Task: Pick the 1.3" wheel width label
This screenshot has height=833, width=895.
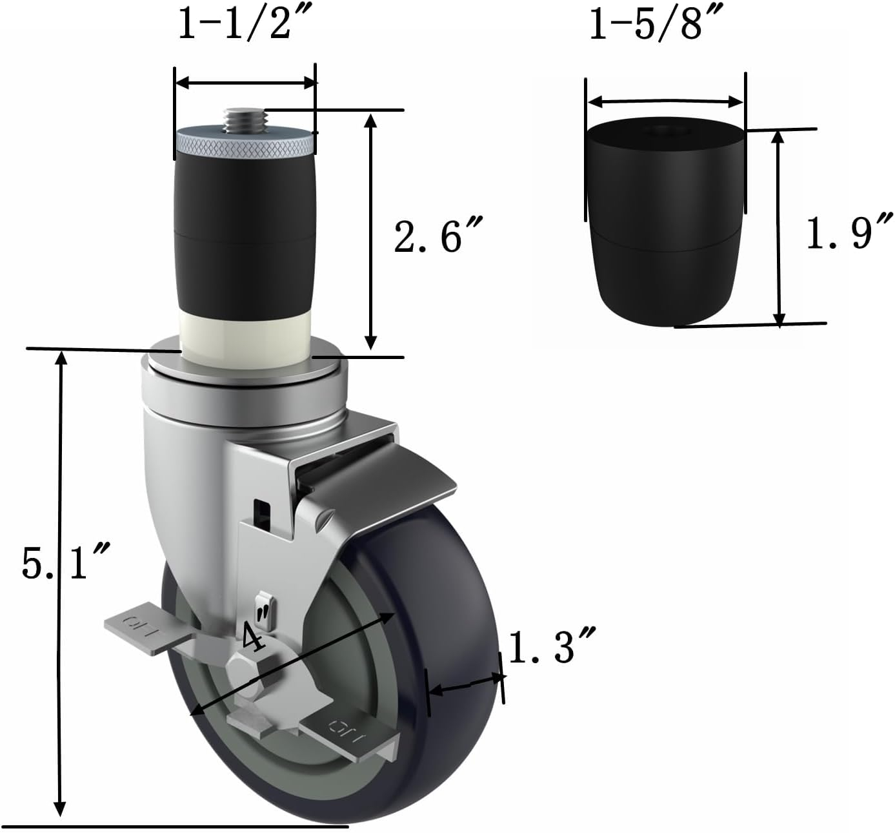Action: click(x=550, y=647)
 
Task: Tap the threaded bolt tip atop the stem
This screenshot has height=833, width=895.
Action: click(x=245, y=118)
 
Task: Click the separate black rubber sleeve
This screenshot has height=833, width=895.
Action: click(x=665, y=223)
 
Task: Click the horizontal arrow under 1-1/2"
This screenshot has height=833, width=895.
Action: click(x=246, y=83)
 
